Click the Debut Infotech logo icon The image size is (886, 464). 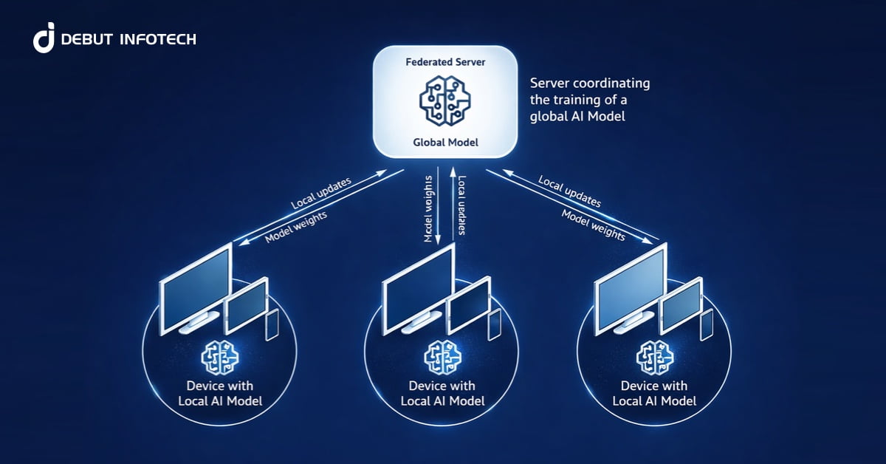(44, 38)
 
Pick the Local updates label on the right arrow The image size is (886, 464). (569, 191)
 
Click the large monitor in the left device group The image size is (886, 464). (194, 281)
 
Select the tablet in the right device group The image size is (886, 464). (679, 305)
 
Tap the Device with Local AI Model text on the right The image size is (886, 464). (655, 393)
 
